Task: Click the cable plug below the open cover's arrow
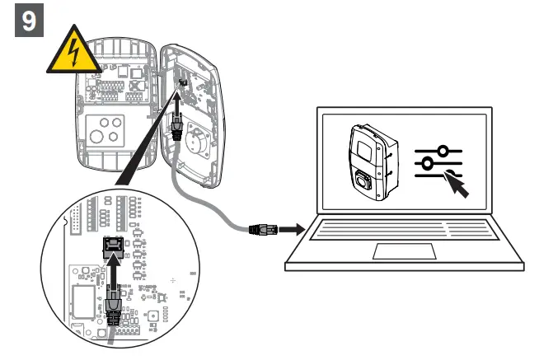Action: (x=176, y=127)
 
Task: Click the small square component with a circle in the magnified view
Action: (x=152, y=317)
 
